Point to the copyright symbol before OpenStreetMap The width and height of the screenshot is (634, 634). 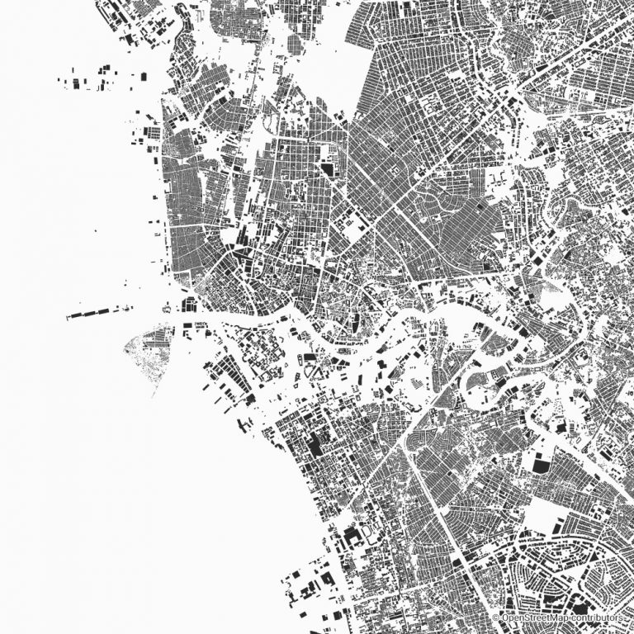pos(495,617)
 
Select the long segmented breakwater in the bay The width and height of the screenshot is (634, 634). pos(97,312)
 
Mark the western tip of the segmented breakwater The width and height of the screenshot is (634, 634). pos(68,316)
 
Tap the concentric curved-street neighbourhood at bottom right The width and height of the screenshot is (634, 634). pos(561,570)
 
